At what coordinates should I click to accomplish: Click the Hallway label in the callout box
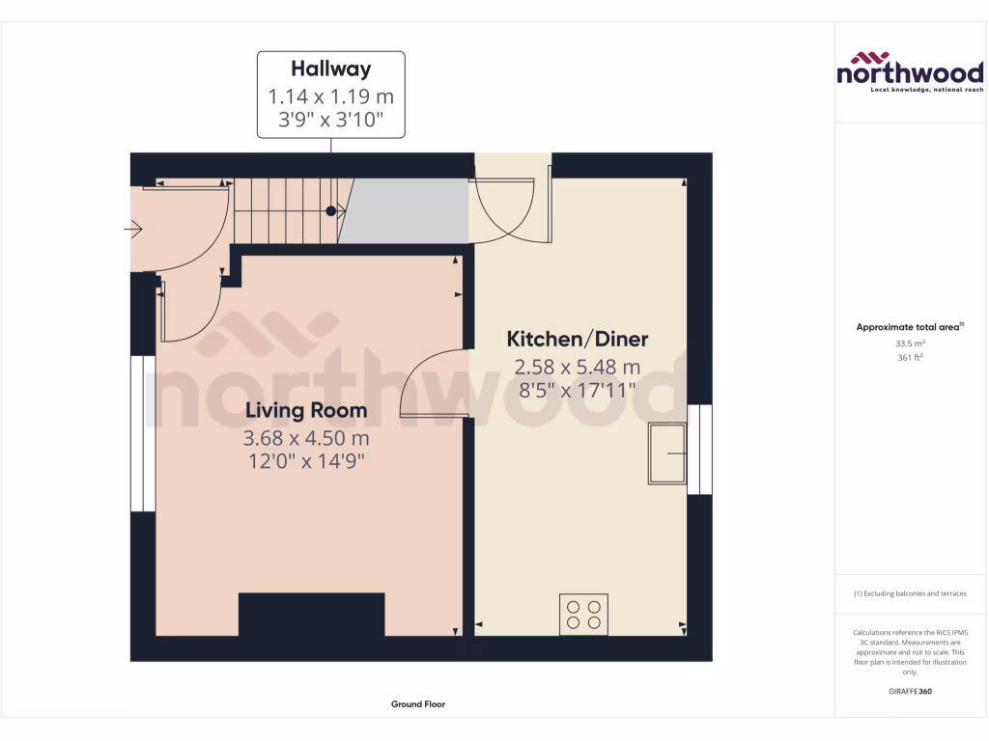pyautogui.click(x=331, y=69)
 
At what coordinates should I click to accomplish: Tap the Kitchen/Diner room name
pyautogui.click(x=578, y=339)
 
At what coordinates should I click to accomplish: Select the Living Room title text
pyautogui.click(x=305, y=410)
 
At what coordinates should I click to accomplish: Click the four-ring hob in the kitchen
pyautogui.click(x=583, y=614)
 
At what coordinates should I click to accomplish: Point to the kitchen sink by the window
pyautogui.click(x=666, y=453)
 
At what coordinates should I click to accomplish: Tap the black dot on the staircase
pyautogui.click(x=330, y=210)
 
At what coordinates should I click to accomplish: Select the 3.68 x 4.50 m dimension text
pyautogui.click(x=305, y=438)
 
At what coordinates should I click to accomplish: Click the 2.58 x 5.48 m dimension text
pyautogui.click(x=578, y=367)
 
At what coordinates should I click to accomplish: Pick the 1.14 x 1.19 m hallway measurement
pyautogui.click(x=331, y=96)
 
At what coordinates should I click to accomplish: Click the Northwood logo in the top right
pyautogui.click(x=910, y=71)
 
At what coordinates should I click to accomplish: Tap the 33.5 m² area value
pyautogui.click(x=909, y=343)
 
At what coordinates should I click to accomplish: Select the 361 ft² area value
pyautogui.click(x=909, y=357)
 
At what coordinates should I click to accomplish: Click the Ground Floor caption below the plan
pyautogui.click(x=417, y=704)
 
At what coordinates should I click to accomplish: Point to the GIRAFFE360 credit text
pyautogui.click(x=909, y=691)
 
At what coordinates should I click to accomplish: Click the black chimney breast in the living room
pyautogui.click(x=311, y=615)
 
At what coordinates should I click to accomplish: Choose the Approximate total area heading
pyautogui.click(x=909, y=327)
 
